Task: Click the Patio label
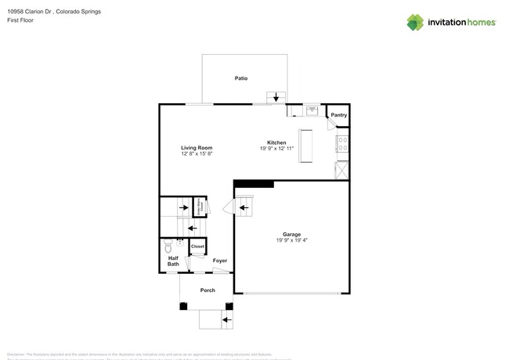click(x=242, y=78)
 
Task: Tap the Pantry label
click(x=338, y=115)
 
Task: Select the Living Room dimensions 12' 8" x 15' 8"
click(x=197, y=154)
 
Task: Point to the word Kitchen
click(x=276, y=142)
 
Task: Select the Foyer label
click(x=220, y=261)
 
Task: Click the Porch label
click(x=208, y=290)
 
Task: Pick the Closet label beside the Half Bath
click(x=197, y=247)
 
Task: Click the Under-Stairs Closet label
click(x=200, y=206)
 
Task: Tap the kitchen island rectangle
click(x=305, y=146)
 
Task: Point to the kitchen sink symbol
click(x=311, y=110)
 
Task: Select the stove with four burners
click(x=342, y=145)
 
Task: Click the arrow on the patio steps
click(x=276, y=98)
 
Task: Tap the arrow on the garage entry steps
click(x=242, y=207)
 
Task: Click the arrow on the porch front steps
click(x=226, y=319)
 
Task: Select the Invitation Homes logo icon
click(x=415, y=23)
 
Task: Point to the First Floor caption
click(x=20, y=21)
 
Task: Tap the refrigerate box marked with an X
click(x=342, y=170)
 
